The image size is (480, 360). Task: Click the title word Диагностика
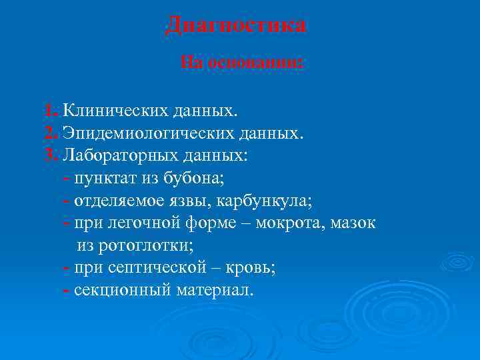tap(236, 25)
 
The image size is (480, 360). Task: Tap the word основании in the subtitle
tap(256, 63)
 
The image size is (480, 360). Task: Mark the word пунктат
tap(108, 179)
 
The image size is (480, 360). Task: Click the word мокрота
tap(291, 223)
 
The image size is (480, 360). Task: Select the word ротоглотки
tap(145, 246)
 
